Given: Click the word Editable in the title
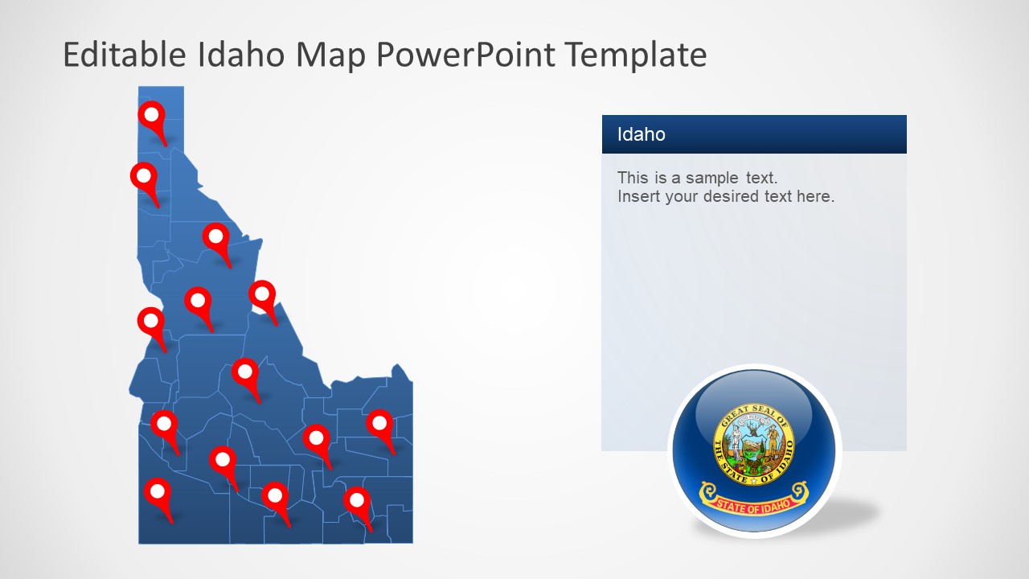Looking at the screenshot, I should click(x=124, y=55).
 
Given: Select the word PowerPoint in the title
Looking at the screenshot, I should click(x=465, y=55).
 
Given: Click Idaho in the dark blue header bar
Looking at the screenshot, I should click(x=641, y=134).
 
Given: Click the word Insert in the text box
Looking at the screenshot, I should click(x=638, y=196).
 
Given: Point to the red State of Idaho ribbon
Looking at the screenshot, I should click(x=753, y=497).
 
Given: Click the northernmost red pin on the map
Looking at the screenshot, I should click(x=151, y=116).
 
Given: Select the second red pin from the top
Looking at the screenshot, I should click(x=144, y=176).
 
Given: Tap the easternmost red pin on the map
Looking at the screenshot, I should click(x=379, y=423).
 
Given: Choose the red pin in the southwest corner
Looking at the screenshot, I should click(x=158, y=491).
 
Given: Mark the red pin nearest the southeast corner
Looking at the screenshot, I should click(x=357, y=500).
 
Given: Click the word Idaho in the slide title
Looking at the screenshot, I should click(x=240, y=55).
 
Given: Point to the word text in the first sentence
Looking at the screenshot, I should click(x=759, y=178).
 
